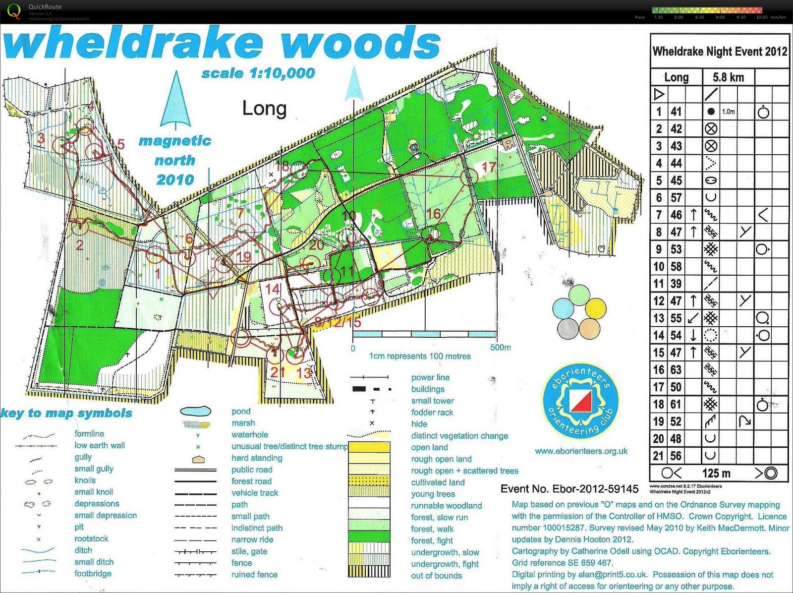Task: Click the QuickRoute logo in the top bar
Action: pyautogui.click(x=14, y=11)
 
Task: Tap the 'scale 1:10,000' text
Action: pyautogui.click(x=258, y=73)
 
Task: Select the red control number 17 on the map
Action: pyautogui.click(x=489, y=167)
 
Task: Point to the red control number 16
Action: pyautogui.click(x=433, y=214)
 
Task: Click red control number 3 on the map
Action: pyautogui.click(x=41, y=138)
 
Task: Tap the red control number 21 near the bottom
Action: pyautogui.click(x=278, y=372)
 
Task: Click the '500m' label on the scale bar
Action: pyautogui.click(x=500, y=348)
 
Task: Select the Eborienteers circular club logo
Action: pyautogui.click(x=580, y=401)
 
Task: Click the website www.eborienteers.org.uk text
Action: pyautogui.click(x=581, y=451)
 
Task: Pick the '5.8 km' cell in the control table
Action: pyautogui.click(x=728, y=77)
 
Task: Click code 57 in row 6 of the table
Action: pyautogui.click(x=676, y=198)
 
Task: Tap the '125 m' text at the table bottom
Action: pyautogui.click(x=716, y=473)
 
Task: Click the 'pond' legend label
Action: pyautogui.click(x=241, y=412)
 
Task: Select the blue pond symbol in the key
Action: pyautogui.click(x=195, y=412)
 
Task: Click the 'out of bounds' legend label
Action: pyautogui.click(x=436, y=576)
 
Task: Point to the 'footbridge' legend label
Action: pyautogui.click(x=93, y=574)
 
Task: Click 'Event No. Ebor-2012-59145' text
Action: pyautogui.click(x=569, y=489)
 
